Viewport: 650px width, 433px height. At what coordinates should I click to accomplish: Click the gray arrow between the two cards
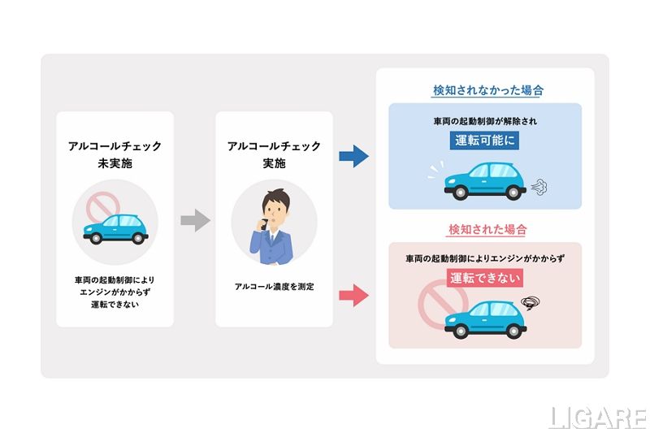(x=195, y=219)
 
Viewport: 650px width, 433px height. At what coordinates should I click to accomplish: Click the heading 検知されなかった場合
(x=487, y=90)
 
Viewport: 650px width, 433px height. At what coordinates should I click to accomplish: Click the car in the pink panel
(x=485, y=319)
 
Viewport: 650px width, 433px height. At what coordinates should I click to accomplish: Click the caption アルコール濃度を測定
(x=274, y=287)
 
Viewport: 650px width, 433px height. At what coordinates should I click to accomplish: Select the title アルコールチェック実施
(x=274, y=155)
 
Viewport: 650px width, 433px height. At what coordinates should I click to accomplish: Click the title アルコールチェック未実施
(x=115, y=155)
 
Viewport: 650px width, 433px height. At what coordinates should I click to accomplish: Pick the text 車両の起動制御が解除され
(x=485, y=120)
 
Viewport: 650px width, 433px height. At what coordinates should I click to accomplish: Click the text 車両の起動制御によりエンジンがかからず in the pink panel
(x=485, y=259)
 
